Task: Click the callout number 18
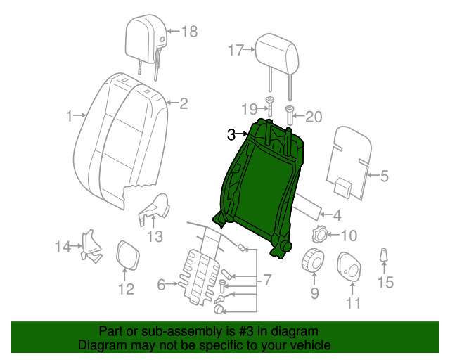click(x=190, y=31)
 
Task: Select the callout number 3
click(x=231, y=134)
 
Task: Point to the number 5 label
click(x=384, y=176)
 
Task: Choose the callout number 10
click(x=349, y=236)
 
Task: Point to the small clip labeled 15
click(x=384, y=257)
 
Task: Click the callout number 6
click(x=161, y=285)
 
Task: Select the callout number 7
click(x=266, y=280)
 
